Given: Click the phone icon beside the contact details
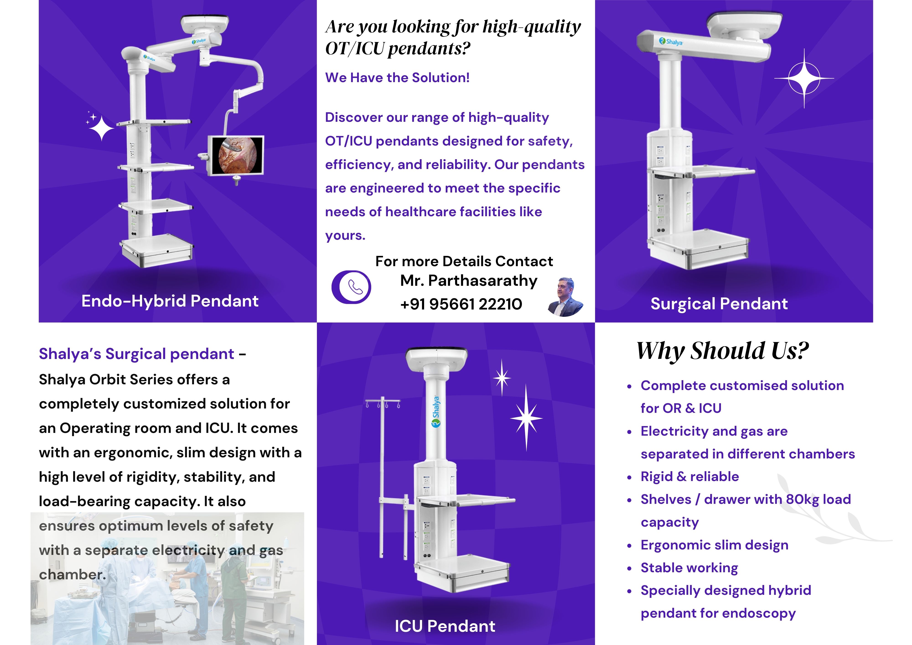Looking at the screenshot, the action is (x=351, y=287).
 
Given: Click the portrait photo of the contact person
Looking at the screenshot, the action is (x=565, y=297).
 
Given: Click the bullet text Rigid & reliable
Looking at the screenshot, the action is (x=689, y=476).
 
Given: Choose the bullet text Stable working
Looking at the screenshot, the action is (x=689, y=568).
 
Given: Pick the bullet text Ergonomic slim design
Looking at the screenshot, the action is (x=714, y=545).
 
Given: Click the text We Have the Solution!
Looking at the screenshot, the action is (x=397, y=78).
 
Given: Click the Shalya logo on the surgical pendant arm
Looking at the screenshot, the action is (x=671, y=41).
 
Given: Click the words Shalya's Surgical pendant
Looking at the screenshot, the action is (x=136, y=354).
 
